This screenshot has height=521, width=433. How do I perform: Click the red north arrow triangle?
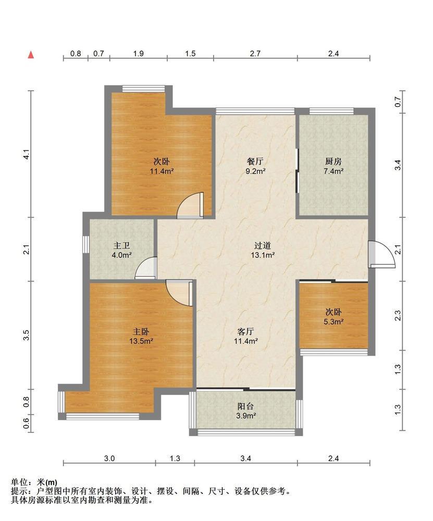pos(31,55)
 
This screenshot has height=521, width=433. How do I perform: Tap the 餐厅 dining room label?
pos(255,162)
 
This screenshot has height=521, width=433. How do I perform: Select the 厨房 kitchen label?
pos(333,162)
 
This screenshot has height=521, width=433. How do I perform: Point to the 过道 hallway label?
pos(263,245)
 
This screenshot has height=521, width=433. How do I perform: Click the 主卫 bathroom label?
pos(121,245)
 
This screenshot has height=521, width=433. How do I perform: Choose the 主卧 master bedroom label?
pos(141,331)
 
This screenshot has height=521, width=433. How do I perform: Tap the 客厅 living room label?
pos(246,331)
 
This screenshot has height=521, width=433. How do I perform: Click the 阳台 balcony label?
pos(245,406)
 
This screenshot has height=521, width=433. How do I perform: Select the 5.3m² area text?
pos(333,321)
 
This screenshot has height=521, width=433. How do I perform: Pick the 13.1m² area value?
pos(263,255)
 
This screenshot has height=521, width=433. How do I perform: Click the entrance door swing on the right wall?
pos(382,254)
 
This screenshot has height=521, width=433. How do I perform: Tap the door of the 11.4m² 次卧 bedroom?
pos(190,205)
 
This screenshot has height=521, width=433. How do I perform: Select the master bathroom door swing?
pos(146,268)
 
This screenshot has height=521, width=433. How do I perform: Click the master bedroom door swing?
pos(179,293)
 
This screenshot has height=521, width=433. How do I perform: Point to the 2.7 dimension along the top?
pos(255,54)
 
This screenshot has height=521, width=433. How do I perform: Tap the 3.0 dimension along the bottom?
pos(109,458)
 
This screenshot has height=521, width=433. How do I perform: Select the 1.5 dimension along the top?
pos(190,54)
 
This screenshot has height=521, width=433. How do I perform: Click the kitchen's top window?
pos(331,111)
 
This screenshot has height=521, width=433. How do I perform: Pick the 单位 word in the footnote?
pos(19,482)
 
